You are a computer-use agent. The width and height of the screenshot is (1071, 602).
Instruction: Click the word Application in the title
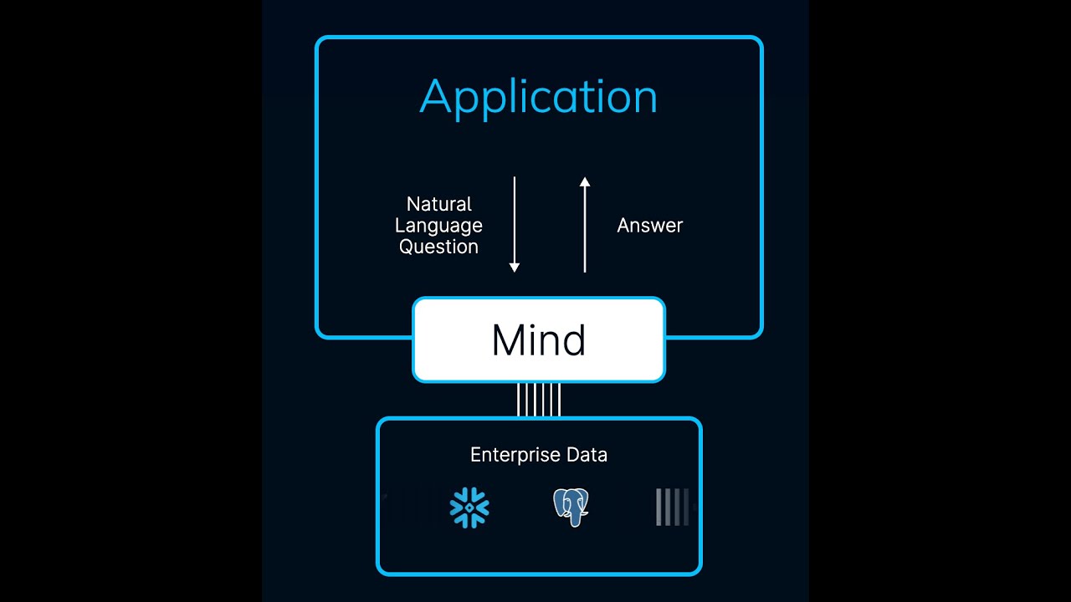pos(538,98)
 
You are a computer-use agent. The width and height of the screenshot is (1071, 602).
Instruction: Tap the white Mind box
pos(539,340)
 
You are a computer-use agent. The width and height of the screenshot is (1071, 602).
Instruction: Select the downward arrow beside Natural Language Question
pos(515,224)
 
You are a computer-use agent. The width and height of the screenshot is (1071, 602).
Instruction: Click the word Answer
pos(649,226)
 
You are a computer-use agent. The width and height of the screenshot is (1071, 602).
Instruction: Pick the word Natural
pos(438,204)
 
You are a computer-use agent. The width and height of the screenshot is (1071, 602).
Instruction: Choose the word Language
pos(438,226)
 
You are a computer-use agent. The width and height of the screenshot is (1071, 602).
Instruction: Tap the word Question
pos(438,247)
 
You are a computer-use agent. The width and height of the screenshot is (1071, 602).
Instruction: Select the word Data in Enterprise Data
pos(587,455)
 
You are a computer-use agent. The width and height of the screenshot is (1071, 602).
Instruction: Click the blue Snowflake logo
pos(469,508)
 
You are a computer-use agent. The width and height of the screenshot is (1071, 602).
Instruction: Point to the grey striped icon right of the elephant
pos(673,508)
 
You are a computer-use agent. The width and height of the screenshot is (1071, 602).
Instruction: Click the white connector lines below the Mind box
pos(539,400)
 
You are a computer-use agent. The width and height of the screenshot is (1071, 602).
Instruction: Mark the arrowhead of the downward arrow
pos(515,268)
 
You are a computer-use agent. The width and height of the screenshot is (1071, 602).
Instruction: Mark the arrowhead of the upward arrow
pos(585,181)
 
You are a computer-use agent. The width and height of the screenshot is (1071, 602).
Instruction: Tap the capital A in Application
pos(435,98)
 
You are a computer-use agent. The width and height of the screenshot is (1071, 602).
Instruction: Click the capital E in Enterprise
pos(475,455)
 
